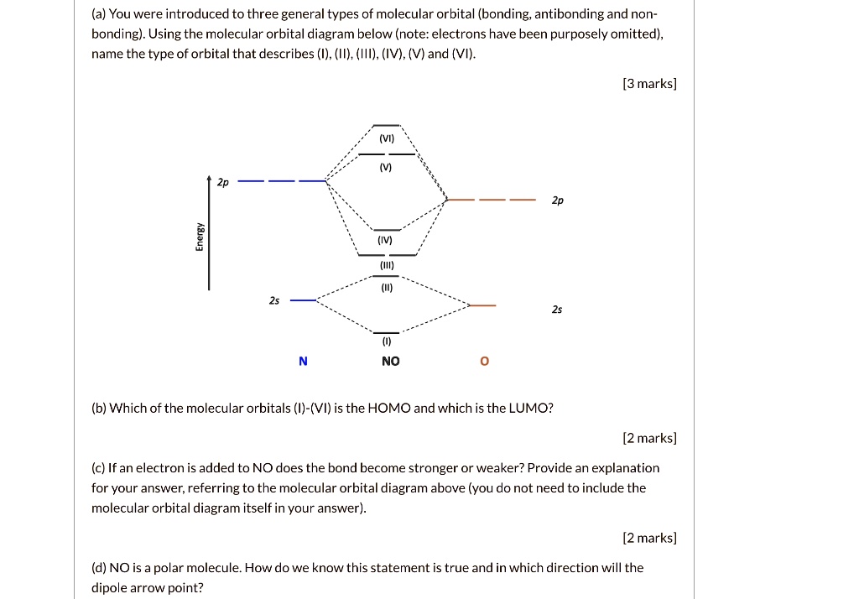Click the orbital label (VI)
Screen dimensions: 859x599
[x=387, y=138]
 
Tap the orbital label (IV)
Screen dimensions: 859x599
[x=386, y=240]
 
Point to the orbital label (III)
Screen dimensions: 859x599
[x=387, y=265]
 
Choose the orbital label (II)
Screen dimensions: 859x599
[x=387, y=287]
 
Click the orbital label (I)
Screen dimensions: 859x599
[x=387, y=342]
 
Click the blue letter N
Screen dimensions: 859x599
[x=303, y=362]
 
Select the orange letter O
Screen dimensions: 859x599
[x=484, y=362]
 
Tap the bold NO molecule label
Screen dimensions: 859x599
[x=390, y=362]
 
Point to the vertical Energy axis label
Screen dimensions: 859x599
[x=199, y=237]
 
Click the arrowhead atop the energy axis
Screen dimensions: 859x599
[x=209, y=179]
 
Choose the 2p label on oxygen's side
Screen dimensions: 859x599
[x=558, y=201]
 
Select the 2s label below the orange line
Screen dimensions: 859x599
[x=557, y=310]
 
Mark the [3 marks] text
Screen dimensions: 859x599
[x=649, y=83]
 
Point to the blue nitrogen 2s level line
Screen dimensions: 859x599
[x=302, y=299]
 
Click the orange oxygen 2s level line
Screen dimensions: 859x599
[x=482, y=305]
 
